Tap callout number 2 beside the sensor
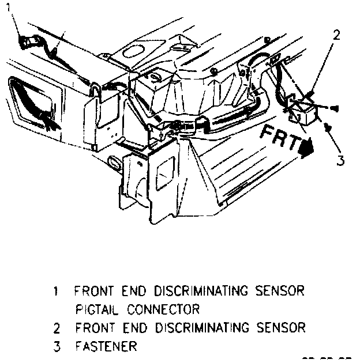tap(336, 34)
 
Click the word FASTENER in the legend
tap(106, 347)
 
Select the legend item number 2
tap(55, 328)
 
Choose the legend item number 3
tap(55, 347)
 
